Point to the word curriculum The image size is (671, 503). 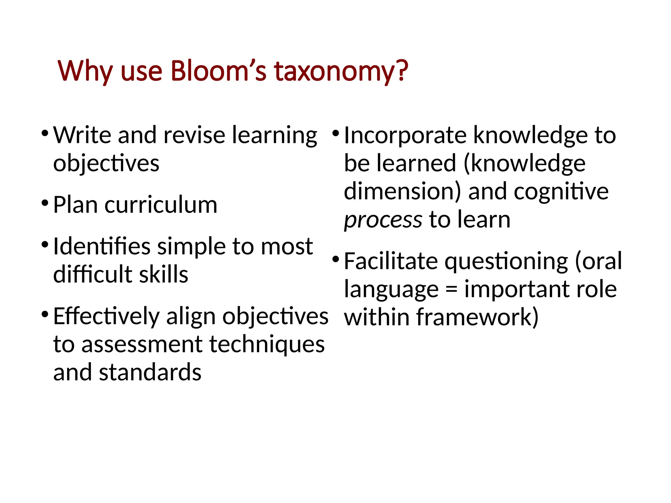tap(161, 205)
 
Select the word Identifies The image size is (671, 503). tap(102, 246)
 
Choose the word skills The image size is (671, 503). tap(163, 274)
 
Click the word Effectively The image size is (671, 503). tap(106, 317)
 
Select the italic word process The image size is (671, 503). tap(383, 220)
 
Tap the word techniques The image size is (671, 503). tap(267, 345)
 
